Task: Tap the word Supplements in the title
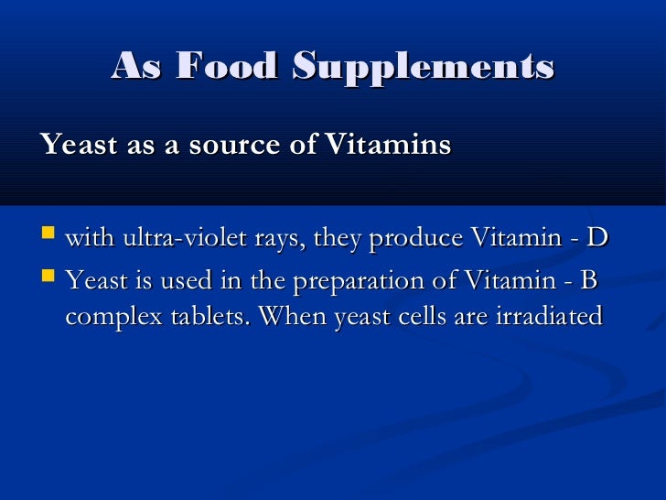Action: pyautogui.click(x=424, y=66)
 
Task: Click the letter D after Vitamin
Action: pyautogui.click(x=597, y=238)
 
